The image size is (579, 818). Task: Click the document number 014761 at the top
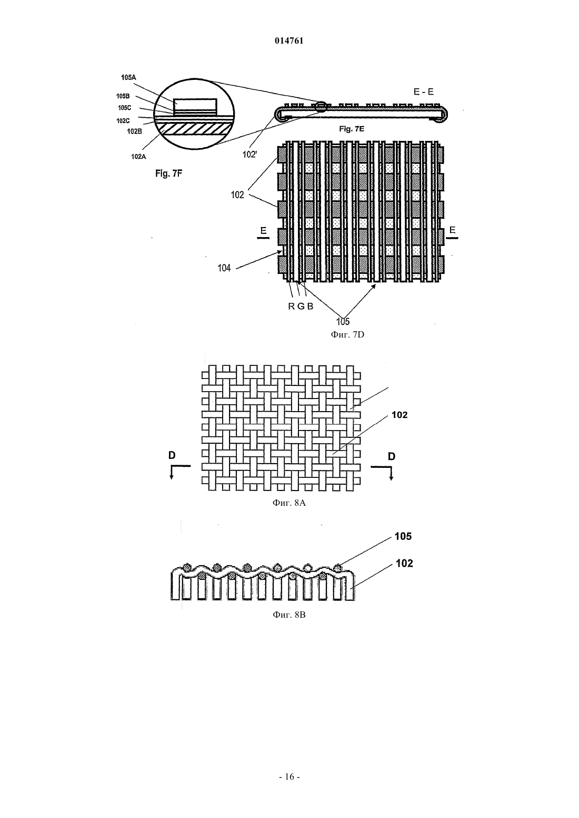click(x=289, y=41)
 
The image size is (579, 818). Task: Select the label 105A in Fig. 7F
click(x=128, y=77)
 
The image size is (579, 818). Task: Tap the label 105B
click(x=123, y=96)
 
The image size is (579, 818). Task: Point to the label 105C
click(x=124, y=108)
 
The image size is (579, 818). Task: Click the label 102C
click(x=123, y=121)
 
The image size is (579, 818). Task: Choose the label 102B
click(x=135, y=131)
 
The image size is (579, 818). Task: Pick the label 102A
click(x=138, y=157)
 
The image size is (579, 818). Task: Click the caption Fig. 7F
click(x=168, y=174)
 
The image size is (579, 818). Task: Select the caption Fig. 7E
click(x=352, y=129)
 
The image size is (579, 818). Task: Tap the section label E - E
click(x=424, y=91)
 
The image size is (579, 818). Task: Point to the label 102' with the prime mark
click(x=249, y=155)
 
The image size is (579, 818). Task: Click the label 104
click(x=224, y=268)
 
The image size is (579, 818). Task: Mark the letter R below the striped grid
click(x=291, y=306)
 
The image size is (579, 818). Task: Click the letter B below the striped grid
click(x=310, y=306)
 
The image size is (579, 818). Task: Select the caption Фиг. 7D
click(x=347, y=334)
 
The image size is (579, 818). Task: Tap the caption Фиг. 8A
click(x=289, y=503)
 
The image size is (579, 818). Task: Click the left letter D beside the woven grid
click(x=172, y=455)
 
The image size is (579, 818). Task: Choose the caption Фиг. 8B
click(x=289, y=615)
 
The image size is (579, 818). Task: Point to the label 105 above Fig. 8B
click(x=403, y=536)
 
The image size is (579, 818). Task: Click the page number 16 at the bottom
click(x=289, y=776)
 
